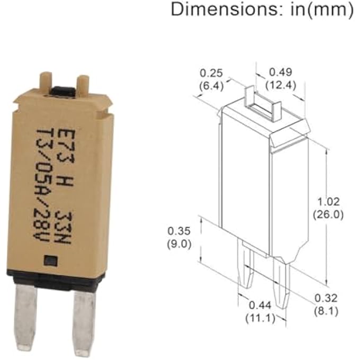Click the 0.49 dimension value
281,71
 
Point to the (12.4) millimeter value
281,84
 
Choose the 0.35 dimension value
178,231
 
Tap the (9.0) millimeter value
178,244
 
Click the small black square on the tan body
51,261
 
